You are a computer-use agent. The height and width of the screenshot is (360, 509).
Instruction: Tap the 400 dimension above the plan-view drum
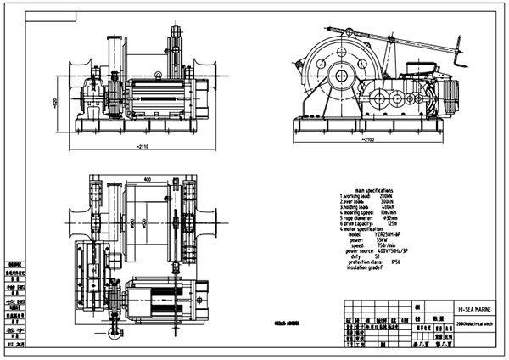click(147, 180)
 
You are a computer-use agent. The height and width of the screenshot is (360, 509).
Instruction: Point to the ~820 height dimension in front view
click(53, 101)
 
